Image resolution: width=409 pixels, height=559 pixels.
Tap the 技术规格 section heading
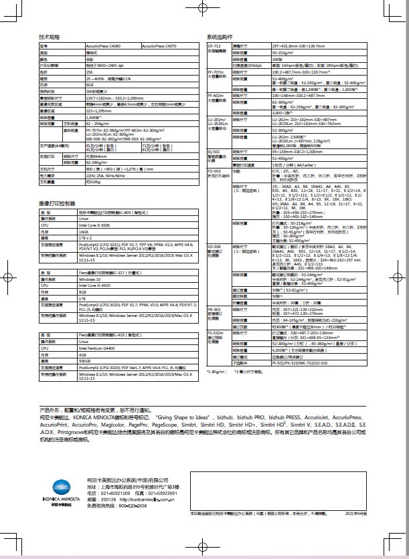[50, 36]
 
